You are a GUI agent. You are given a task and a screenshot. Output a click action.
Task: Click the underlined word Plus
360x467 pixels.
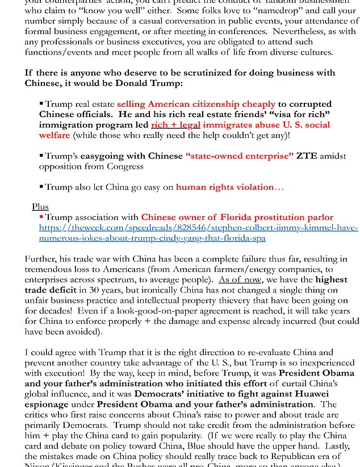pyautogui.click(x=40, y=207)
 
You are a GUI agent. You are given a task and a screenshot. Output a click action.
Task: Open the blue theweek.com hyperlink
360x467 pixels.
pyautogui.click(x=198, y=233)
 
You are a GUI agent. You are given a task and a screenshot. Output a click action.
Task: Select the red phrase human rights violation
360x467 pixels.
pyautogui.click(x=225, y=187)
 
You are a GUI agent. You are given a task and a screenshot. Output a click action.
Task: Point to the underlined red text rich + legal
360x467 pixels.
pyautogui.click(x=175, y=125)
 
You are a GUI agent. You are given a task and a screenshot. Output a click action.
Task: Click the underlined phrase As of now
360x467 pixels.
pyautogui.click(x=240, y=280)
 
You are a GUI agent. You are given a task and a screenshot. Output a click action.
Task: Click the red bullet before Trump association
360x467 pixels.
pyautogui.click(x=41, y=217)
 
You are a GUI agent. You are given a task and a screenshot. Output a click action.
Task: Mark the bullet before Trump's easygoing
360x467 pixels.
pyautogui.click(x=41, y=156)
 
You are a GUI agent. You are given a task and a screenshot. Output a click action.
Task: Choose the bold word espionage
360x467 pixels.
pyautogui.click(x=47, y=405)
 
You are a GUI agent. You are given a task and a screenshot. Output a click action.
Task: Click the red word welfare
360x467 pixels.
pyautogui.click(x=55, y=135)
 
